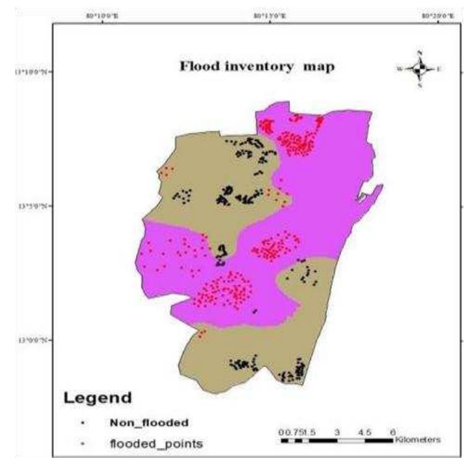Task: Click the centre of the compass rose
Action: click(419, 69)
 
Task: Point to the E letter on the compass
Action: click(438, 69)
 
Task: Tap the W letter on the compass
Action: click(399, 69)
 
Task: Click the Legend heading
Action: click(98, 398)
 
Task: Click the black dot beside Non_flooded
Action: click(83, 423)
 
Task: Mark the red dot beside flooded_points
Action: click(83, 444)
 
